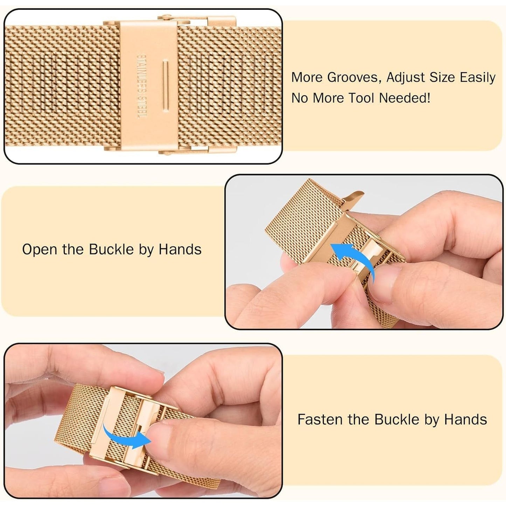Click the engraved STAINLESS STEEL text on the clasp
click(143, 86)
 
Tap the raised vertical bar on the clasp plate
click(165, 86)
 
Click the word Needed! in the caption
click(405, 98)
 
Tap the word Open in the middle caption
click(40, 249)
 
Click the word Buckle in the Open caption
click(112, 249)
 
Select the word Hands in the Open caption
click(180, 249)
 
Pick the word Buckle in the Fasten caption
click(397, 420)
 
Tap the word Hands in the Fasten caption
click(465, 420)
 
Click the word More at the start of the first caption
click(307, 78)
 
